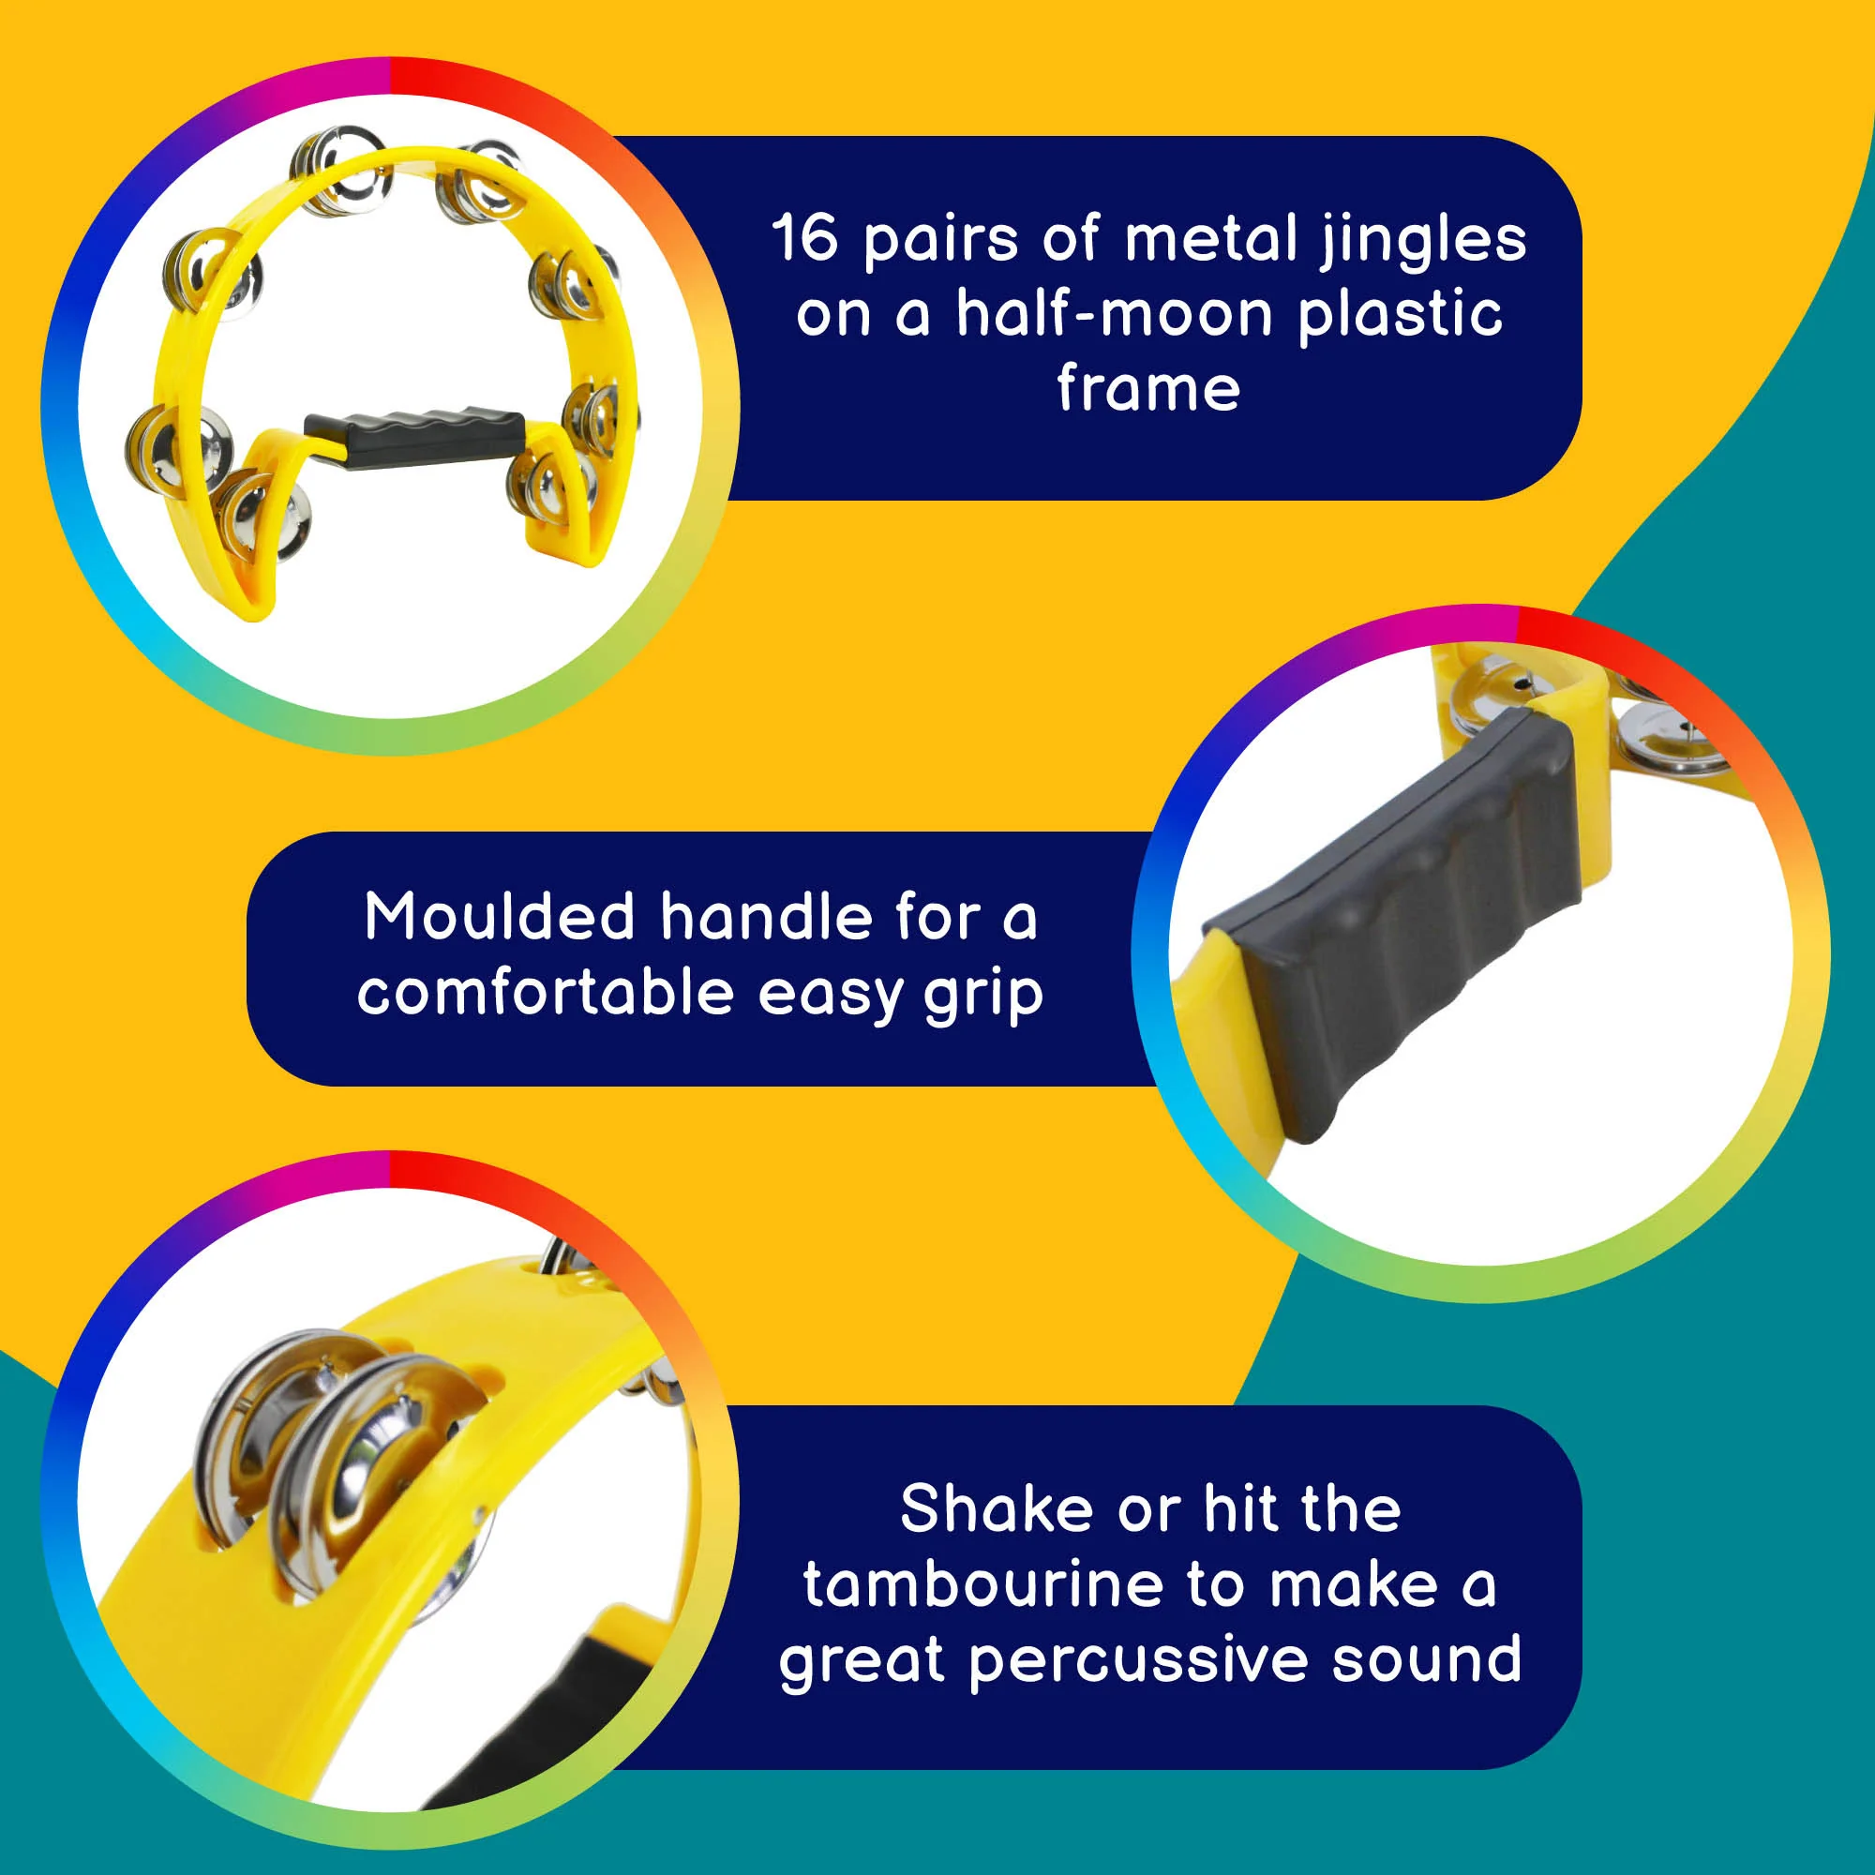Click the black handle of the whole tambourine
coord(416,436)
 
